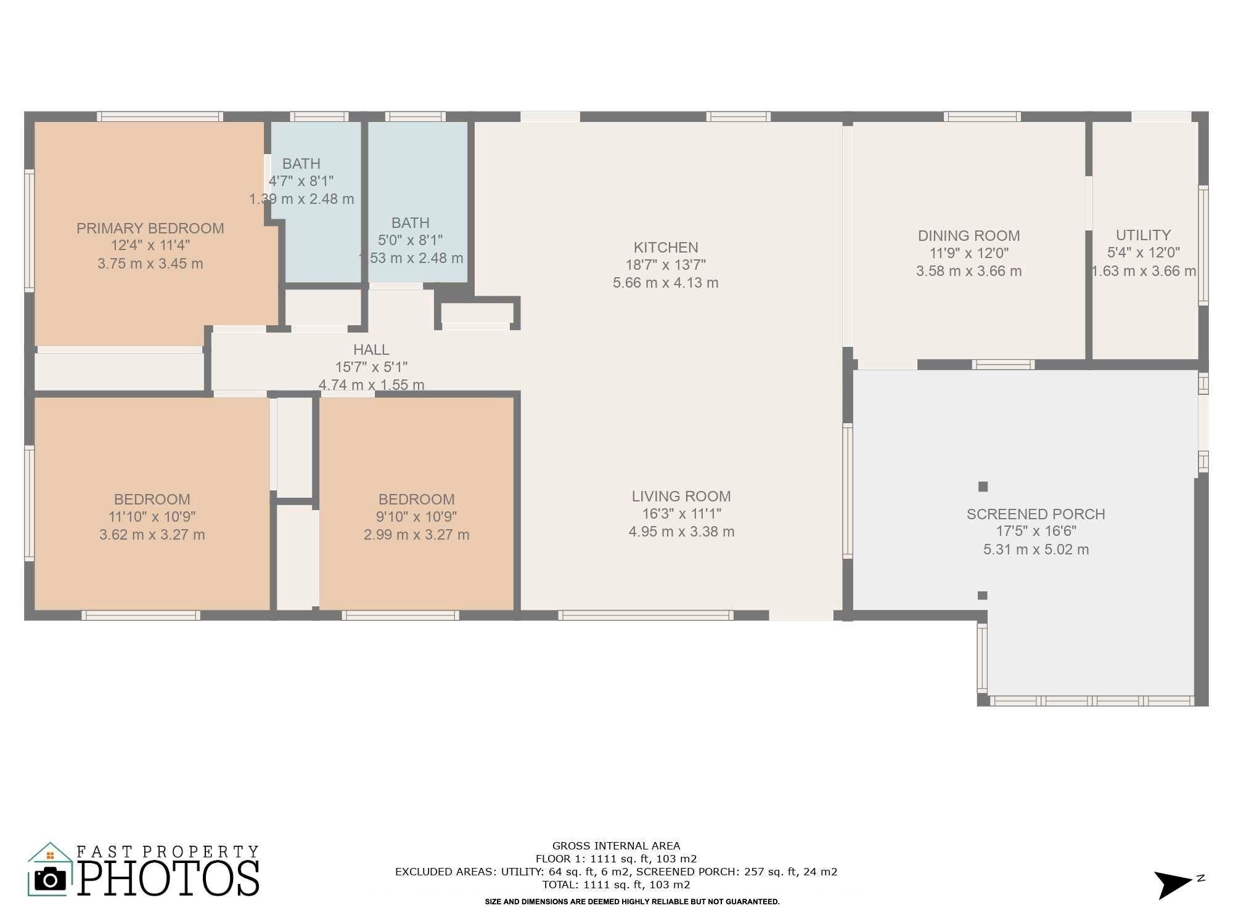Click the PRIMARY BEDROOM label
tap(150, 229)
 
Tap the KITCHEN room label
tap(666, 248)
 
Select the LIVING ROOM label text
tap(681, 496)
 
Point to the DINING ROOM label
tap(969, 236)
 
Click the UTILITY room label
tap(1144, 235)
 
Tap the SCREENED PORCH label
tap(1036, 514)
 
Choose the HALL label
tap(371, 350)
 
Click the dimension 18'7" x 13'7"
tap(666, 265)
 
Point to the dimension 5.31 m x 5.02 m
tap(1036, 549)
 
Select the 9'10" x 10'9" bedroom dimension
tap(417, 517)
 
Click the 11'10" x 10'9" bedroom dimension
tap(152, 517)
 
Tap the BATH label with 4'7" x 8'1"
tap(301, 164)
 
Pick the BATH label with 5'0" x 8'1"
tap(411, 223)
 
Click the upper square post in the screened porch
tap(983, 487)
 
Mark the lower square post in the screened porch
tap(983, 596)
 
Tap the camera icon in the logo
tap(50, 879)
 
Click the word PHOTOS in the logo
tap(168, 878)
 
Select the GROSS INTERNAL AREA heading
tap(616, 846)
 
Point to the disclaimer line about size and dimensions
tap(633, 902)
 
